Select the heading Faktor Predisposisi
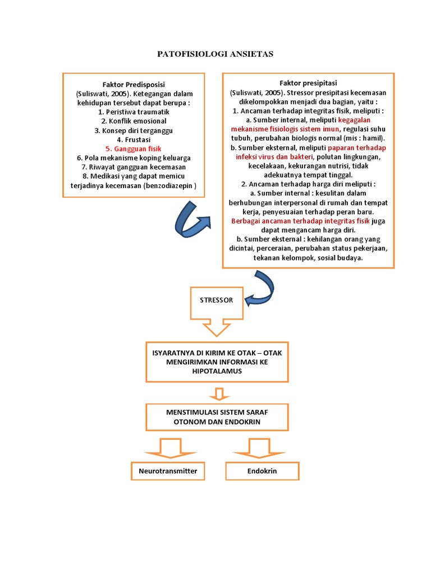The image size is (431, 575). (134, 84)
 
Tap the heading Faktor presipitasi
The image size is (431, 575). (308, 83)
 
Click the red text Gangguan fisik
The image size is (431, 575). (134, 149)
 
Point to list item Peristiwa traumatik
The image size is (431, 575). (134, 112)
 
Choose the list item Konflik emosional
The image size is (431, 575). (134, 121)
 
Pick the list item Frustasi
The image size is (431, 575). (134, 139)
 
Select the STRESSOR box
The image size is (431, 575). (216, 300)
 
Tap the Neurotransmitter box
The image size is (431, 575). (168, 471)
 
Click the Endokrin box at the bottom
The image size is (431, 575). (262, 471)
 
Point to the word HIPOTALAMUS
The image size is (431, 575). (216, 372)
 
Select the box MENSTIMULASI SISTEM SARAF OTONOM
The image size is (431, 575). (216, 417)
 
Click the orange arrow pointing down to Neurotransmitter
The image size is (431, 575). (167, 448)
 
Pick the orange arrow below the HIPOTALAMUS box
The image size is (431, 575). (216, 393)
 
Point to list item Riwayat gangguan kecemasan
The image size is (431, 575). (134, 167)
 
